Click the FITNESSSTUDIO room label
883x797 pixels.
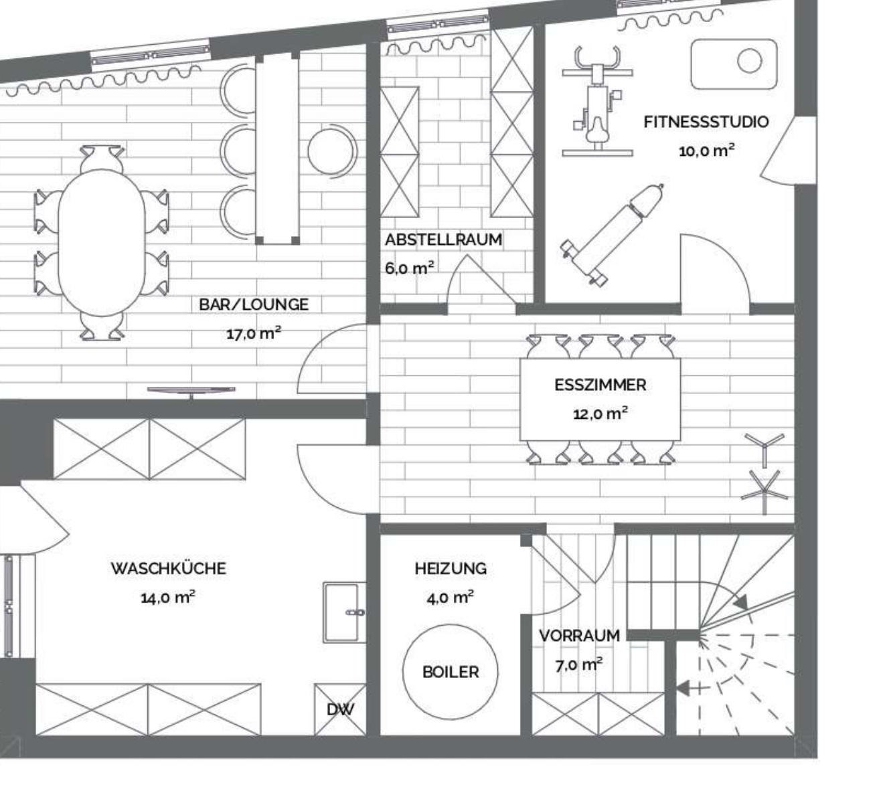pyautogui.click(x=706, y=122)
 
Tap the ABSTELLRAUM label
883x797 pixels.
pyautogui.click(x=443, y=240)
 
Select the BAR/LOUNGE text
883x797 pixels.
pyautogui.click(x=254, y=304)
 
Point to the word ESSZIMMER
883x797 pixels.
pyautogui.click(x=600, y=385)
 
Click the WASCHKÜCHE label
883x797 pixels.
pyautogui.click(x=168, y=568)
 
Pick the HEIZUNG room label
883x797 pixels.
pyautogui.click(x=451, y=569)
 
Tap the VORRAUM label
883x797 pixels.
pyautogui.click(x=579, y=636)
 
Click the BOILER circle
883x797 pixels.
pyautogui.click(x=451, y=672)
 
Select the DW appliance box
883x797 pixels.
pyautogui.click(x=340, y=709)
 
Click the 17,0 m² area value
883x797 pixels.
pyautogui.click(x=254, y=333)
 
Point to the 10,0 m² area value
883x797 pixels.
pyautogui.click(x=706, y=151)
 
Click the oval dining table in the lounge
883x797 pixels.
pyautogui.click(x=102, y=243)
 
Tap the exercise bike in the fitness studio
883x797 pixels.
pyautogui.click(x=597, y=101)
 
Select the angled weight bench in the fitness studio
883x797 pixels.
pyautogui.click(x=613, y=235)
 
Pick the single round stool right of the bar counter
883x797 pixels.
pyautogui.click(x=332, y=151)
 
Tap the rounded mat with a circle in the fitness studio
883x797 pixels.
pyautogui.click(x=734, y=64)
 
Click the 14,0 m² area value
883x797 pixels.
pyautogui.click(x=168, y=598)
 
